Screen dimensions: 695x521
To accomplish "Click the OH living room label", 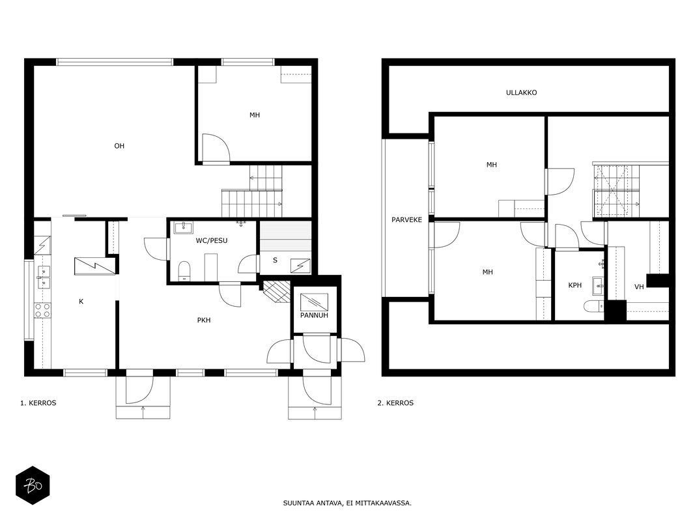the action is click(x=119, y=146).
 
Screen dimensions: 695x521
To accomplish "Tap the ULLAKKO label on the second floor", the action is click(x=521, y=92).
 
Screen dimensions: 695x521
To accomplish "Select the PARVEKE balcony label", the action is click(x=406, y=219).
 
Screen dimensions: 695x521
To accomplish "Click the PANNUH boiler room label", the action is click(x=314, y=315).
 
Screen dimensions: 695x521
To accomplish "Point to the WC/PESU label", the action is click(x=212, y=240).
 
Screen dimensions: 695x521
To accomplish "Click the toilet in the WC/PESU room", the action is click(x=184, y=271).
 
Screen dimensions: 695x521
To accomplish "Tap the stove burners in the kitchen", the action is click(x=42, y=310).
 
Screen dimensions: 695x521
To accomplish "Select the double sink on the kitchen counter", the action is click(x=44, y=277).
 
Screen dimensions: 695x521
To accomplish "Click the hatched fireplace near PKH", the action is click(x=276, y=292).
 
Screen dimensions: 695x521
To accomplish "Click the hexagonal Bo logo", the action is click(x=33, y=486).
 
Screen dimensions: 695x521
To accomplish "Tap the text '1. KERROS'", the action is click(x=38, y=403).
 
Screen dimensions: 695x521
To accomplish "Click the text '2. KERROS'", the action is click(x=395, y=403).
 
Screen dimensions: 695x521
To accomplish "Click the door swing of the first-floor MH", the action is click(x=216, y=148).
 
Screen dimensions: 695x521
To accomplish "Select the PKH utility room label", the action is click(x=204, y=320).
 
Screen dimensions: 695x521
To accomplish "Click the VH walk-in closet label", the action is click(x=639, y=287).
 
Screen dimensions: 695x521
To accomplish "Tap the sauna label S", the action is click(x=275, y=260).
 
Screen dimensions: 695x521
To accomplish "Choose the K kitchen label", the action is click(x=81, y=302).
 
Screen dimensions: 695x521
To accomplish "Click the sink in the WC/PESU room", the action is click(x=183, y=228).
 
